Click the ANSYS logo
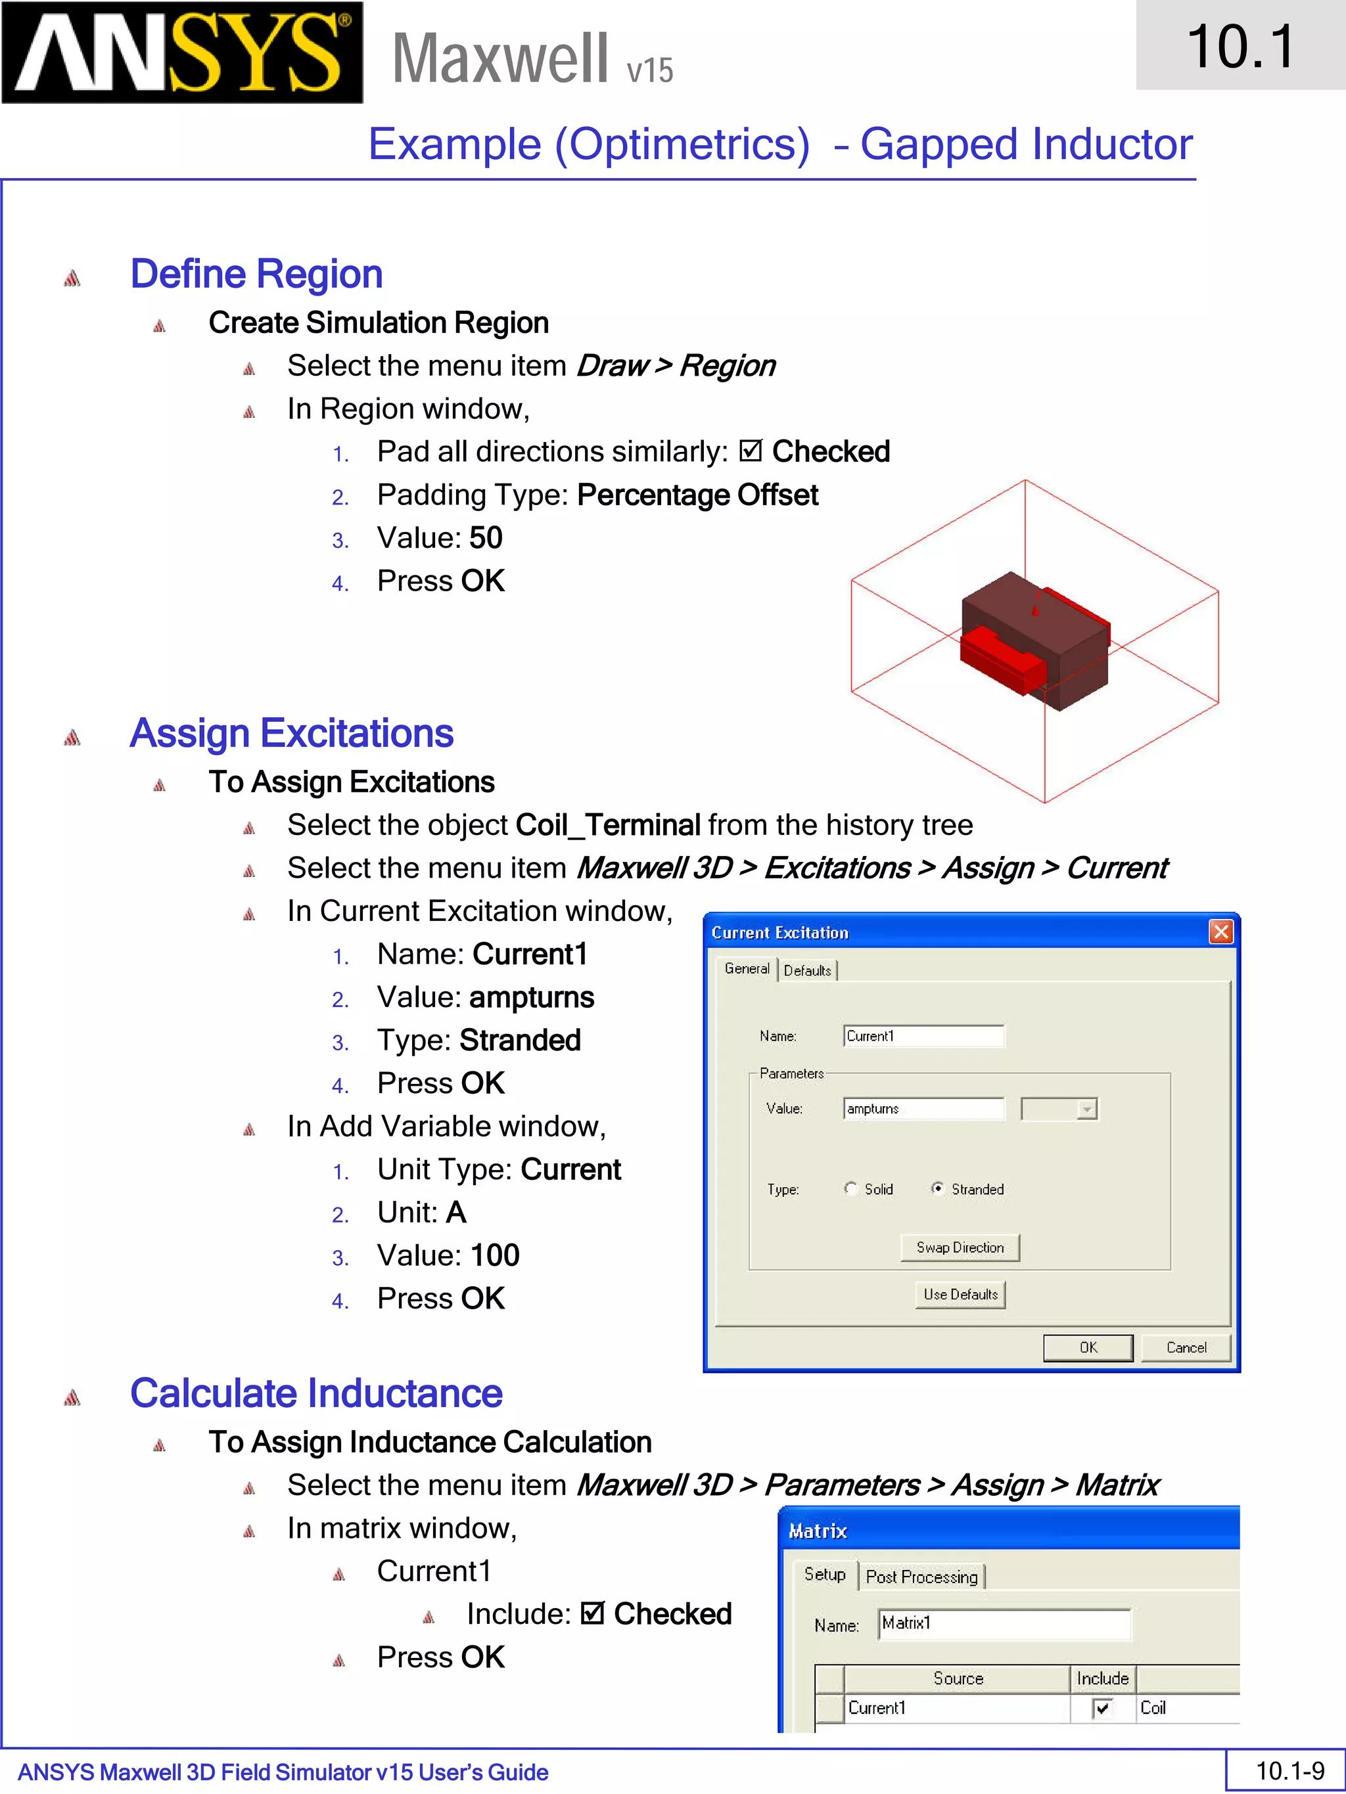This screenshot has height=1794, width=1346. (182, 53)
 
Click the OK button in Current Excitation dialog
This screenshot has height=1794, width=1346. (1087, 1347)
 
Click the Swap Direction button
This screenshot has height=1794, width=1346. (960, 1247)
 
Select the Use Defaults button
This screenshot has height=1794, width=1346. (960, 1294)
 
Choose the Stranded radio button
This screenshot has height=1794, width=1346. (938, 1189)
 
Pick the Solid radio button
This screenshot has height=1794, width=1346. (850, 1189)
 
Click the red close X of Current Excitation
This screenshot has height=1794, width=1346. (1220, 932)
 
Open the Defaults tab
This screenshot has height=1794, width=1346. (807, 971)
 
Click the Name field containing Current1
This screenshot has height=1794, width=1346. (923, 1036)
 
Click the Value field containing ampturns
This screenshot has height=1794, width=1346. (923, 1109)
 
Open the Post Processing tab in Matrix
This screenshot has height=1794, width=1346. (921, 1577)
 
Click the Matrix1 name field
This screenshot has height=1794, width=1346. (1004, 1624)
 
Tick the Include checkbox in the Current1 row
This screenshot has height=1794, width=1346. (1102, 1708)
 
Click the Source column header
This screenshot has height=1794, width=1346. (958, 1678)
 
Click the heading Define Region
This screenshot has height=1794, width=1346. (256, 274)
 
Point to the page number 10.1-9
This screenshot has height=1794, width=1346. (1289, 1770)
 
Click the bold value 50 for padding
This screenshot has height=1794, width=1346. (486, 538)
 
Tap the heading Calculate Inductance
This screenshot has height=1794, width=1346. (316, 1393)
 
